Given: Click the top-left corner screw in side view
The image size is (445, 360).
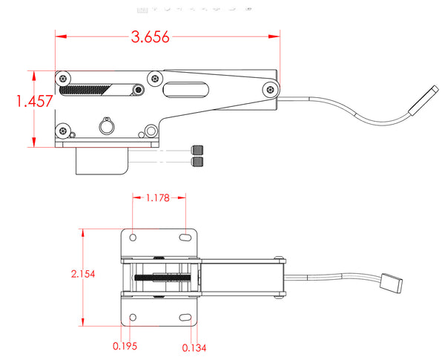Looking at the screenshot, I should [x=65, y=78].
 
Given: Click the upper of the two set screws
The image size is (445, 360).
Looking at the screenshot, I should [x=198, y=150].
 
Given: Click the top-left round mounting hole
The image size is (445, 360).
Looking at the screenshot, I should [x=133, y=238].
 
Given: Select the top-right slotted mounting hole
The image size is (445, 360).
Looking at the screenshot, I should [x=183, y=238].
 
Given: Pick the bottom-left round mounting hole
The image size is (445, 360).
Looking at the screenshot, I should [x=133, y=318].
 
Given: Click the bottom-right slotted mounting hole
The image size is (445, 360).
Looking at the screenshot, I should [x=183, y=318].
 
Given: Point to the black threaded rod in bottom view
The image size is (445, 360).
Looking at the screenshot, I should [x=165, y=278].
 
